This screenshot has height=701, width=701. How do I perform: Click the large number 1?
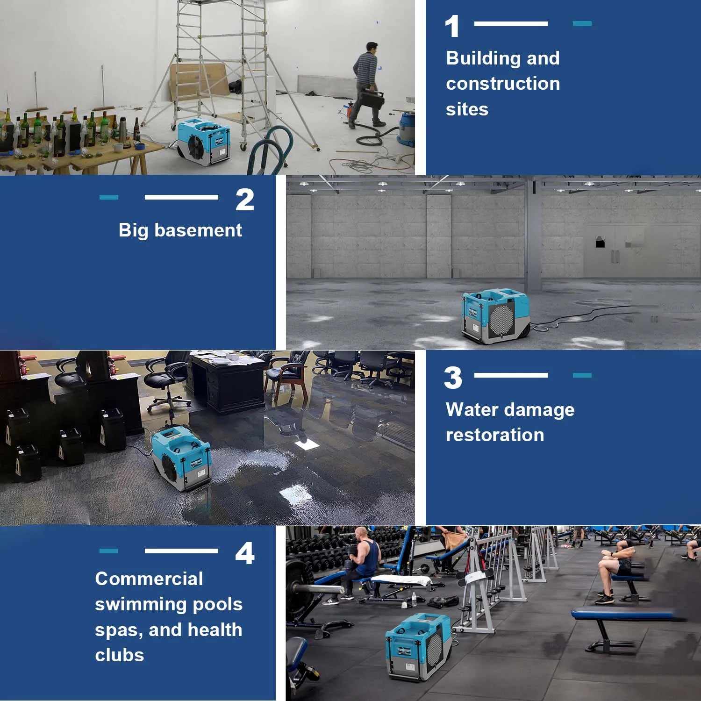tap(452, 27)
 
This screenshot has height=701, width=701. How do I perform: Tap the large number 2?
tap(244, 200)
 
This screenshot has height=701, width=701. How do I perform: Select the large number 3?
tap(453, 378)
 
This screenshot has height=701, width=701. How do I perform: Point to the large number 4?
tap(245, 554)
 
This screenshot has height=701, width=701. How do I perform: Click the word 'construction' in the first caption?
tap(503, 84)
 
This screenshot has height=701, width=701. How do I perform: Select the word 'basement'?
tap(198, 230)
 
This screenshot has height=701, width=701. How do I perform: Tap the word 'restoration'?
tap(495, 435)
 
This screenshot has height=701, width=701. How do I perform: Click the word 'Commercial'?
tap(149, 579)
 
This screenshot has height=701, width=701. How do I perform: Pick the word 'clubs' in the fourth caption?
tap(120, 655)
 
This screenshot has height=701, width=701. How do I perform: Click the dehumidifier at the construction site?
tap(204, 141)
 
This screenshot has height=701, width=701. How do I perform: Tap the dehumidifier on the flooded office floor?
tap(181, 459)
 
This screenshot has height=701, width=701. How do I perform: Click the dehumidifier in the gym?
tap(418, 646)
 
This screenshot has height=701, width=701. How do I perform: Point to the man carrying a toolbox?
tap(367, 84)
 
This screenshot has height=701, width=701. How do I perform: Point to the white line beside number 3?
tap(511, 375)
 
